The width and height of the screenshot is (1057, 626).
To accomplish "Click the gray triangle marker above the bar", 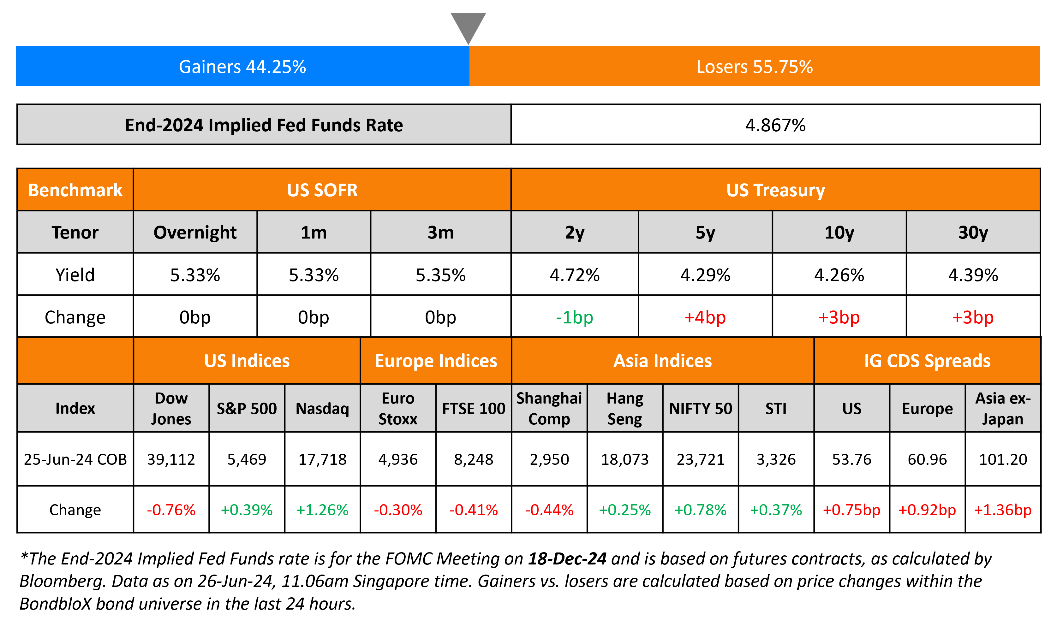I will tap(468, 25).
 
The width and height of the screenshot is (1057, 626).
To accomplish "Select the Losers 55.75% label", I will tap(755, 67).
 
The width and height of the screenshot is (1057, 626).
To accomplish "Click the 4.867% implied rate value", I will tap(775, 125).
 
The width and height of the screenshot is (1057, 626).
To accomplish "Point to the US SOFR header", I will tap(322, 190).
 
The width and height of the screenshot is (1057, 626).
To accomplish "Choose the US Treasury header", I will tap(775, 190).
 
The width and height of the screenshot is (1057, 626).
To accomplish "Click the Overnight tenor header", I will tap(195, 233).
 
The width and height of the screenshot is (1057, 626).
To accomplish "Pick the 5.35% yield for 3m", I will tap(440, 275).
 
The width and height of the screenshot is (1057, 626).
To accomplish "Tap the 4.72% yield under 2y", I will tap(574, 275).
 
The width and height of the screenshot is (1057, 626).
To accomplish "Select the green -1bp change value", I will tap(574, 317).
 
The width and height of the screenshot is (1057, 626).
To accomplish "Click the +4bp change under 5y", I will tap(705, 317).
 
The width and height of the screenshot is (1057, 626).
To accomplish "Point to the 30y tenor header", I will tap(973, 233).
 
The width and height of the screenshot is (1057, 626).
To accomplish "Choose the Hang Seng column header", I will tap(624, 408).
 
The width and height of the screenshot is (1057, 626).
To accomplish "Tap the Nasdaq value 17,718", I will tap(322, 459).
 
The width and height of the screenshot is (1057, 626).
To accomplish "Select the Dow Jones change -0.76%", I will tap(171, 510).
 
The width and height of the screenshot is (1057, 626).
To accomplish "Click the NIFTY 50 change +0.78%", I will tap(701, 510).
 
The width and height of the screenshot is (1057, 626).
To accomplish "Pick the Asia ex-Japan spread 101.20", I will tap(1003, 459).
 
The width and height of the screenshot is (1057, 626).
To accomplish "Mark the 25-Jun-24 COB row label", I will tap(75, 459).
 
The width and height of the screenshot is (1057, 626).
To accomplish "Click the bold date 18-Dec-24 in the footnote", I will tap(567, 558).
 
